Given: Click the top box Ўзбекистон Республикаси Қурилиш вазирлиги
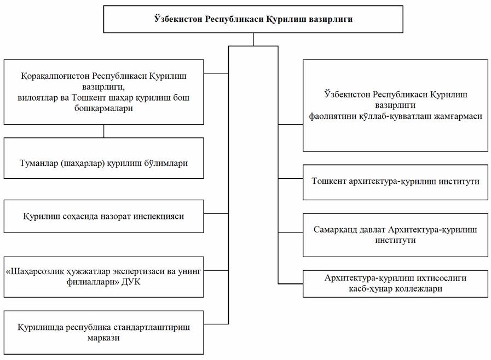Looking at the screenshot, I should [253, 20].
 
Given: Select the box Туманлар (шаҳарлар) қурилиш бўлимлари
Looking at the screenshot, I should [104, 163].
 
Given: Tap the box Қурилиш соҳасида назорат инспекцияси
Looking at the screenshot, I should [104, 216].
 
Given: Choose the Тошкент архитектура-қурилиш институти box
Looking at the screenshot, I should [395, 181].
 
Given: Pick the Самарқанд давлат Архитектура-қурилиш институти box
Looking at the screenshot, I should [395, 235].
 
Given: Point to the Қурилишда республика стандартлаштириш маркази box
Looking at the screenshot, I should [104, 333].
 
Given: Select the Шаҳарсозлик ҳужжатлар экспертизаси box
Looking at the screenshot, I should [104, 276].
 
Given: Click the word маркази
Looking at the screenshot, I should [103, 338].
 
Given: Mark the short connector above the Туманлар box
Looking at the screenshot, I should [104, 131].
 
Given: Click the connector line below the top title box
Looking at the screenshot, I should [253, 39].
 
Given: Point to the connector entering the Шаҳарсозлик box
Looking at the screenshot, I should [216, 270].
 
